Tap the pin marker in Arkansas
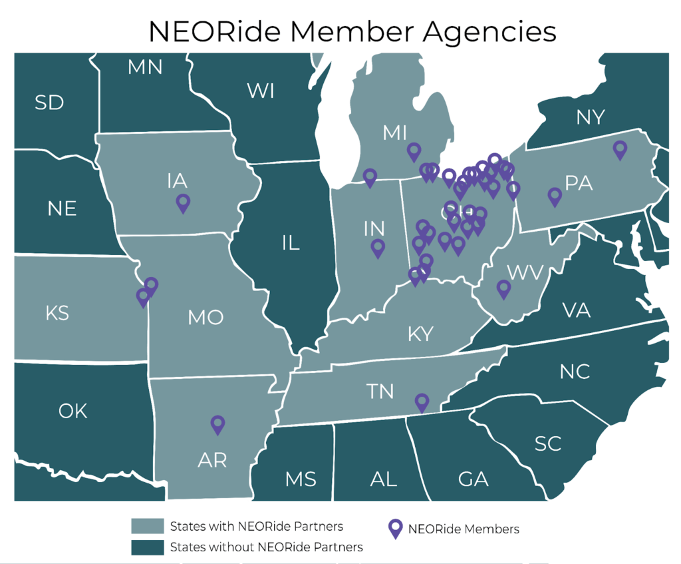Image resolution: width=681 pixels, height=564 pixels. pyautogui.click(x=217, y=424)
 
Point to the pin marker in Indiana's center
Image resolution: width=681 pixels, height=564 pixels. pyautogui.click(x=378, y=248)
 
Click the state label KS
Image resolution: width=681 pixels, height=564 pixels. pyautogui.click(x=57, y=312)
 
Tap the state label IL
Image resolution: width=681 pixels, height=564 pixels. pyautogui.click(x=291, y=243)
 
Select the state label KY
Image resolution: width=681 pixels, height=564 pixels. pyautogui.click(x=420, y=334)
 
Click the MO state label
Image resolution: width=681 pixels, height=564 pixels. pyautogui.click(x=205, y=318)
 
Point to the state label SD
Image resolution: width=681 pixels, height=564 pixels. pyautogui.click(x=49, y=103)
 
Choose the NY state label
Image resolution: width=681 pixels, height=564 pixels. pyautogui.click(x=591, y=117)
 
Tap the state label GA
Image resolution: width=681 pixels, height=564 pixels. pyautogui.click(x=473, y=478)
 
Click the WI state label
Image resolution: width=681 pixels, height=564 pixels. pyautogui.click(x=261, y=91)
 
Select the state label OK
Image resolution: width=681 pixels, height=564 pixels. pyautogui.click(x=72, y=411)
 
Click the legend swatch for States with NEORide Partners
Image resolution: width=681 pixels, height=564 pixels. pyautogui.click(x=147, y=527)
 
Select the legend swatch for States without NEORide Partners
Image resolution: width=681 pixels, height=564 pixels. pyautogui.click(x=147, y=547)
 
